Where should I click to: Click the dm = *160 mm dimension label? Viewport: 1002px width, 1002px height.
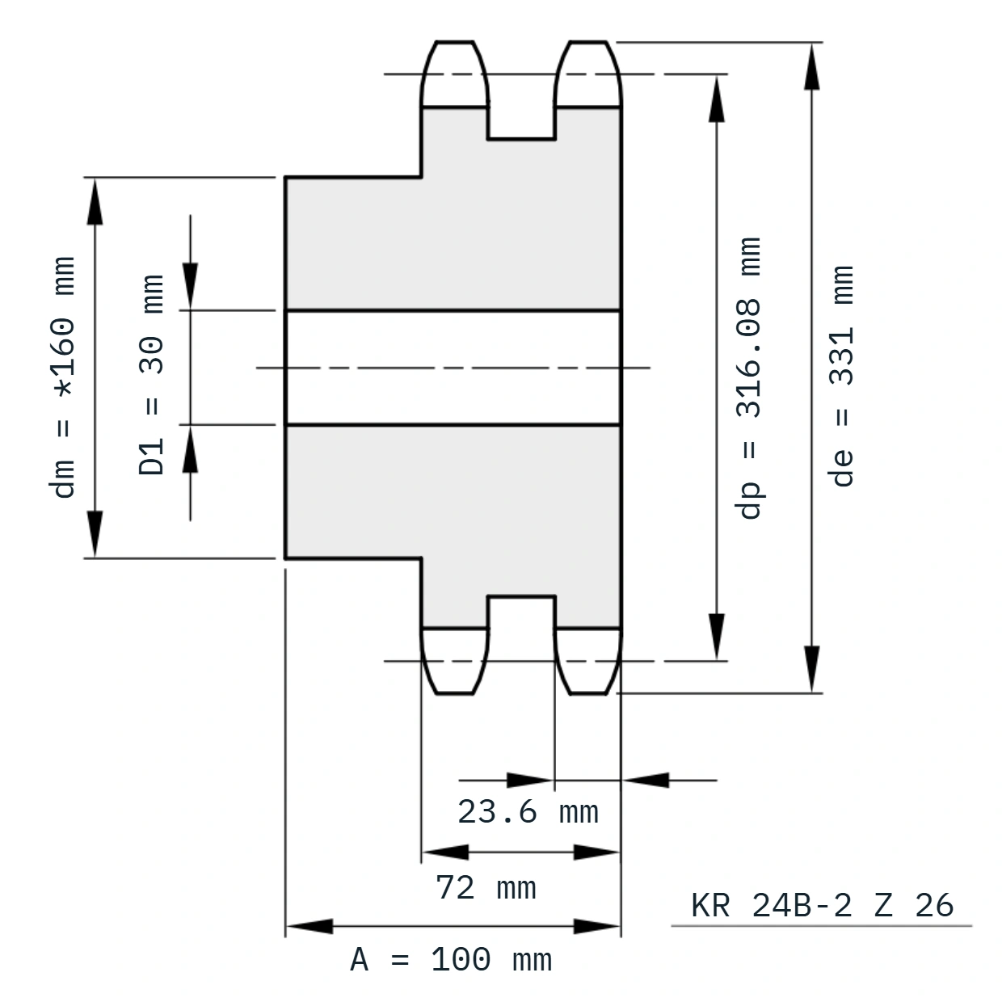pos(63,377)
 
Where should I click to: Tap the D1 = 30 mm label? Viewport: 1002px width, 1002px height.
pos(152,374)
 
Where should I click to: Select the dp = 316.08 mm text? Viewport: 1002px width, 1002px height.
pos(749,378)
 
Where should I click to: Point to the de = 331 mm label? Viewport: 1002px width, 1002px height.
pos(841,376)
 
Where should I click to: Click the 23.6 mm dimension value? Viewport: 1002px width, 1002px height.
pos(528,812)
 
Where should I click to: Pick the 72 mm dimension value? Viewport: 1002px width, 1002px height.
pos(486,887)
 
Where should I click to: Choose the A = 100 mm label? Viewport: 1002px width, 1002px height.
pos(451,960)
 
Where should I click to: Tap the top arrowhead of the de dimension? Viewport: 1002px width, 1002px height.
pos(811,66)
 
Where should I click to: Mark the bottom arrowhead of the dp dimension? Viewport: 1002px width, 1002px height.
pos(717,637)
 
